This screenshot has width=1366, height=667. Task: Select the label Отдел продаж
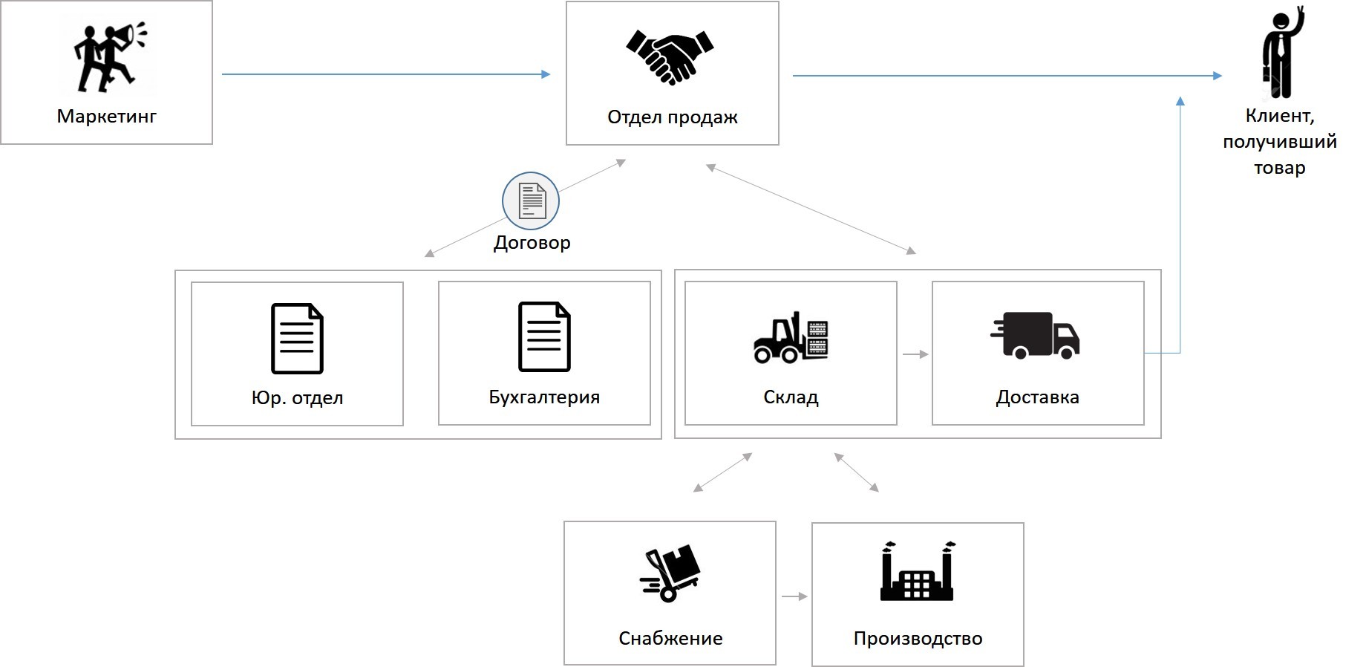[x=672, y=117]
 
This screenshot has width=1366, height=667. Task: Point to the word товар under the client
[x=1279, y=168]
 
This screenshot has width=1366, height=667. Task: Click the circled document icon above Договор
[x=531, y=201]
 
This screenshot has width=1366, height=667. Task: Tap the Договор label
[x=532, y=243]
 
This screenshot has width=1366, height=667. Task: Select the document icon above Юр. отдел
[x=297, y=338]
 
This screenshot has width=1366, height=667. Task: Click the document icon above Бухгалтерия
[x=544, y=336]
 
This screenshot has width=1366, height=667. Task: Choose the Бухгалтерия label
[x=544, y=397]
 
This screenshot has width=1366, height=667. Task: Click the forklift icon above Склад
[x=791, y=338]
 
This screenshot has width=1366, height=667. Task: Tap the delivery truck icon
[x=1036, y=335]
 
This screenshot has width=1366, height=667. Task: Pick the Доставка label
[x=1037, y=397]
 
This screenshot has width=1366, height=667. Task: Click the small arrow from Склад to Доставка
[x=915, y=354]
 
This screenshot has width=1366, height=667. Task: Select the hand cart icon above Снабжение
[x=670, y=573]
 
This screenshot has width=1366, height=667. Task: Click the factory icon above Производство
[x=917, y=571]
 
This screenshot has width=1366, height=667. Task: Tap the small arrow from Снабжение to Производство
[x=794, y=596]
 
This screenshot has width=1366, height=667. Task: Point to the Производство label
[x=918, y=639]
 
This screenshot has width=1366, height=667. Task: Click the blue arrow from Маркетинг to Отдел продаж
[x=386, y=74]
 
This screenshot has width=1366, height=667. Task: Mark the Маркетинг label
[x=107, y=117]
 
